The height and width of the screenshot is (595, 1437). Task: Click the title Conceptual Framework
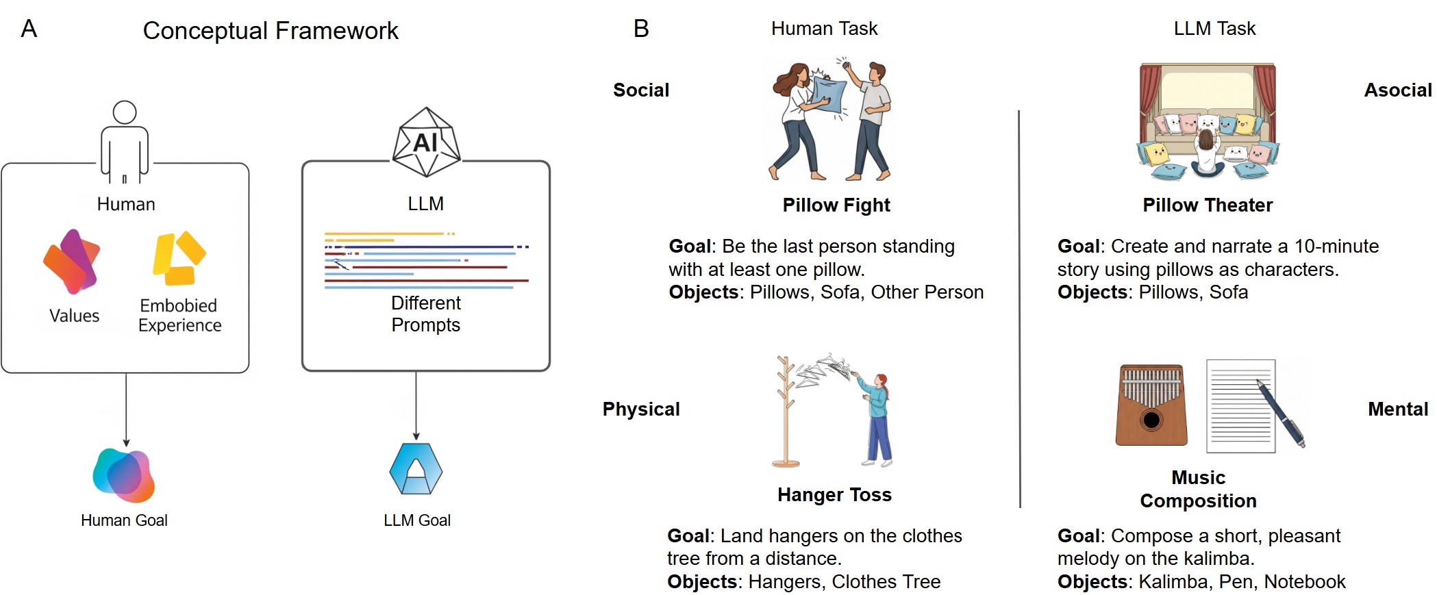(270, 31)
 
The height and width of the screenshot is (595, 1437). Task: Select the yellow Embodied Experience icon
(178, 258)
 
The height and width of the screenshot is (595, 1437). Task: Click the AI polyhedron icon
(426, 142)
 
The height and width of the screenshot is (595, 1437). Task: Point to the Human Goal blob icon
(124, 474)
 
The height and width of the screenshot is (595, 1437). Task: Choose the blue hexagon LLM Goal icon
(416, 469)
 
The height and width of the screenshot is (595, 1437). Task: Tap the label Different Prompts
(425, 314)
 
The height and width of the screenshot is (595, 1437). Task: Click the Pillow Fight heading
(836, 205)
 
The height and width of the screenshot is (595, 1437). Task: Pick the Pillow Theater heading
(1207, 205)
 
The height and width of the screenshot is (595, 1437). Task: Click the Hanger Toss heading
(834, 495)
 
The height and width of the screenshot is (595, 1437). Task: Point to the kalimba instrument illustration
(1151, 405)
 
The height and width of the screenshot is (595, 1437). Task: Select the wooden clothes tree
(786, 412)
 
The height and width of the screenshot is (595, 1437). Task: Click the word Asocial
(1397, 90)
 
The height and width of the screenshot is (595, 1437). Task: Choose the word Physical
(640, 409)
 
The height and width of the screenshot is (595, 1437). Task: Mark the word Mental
(1397, 409)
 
